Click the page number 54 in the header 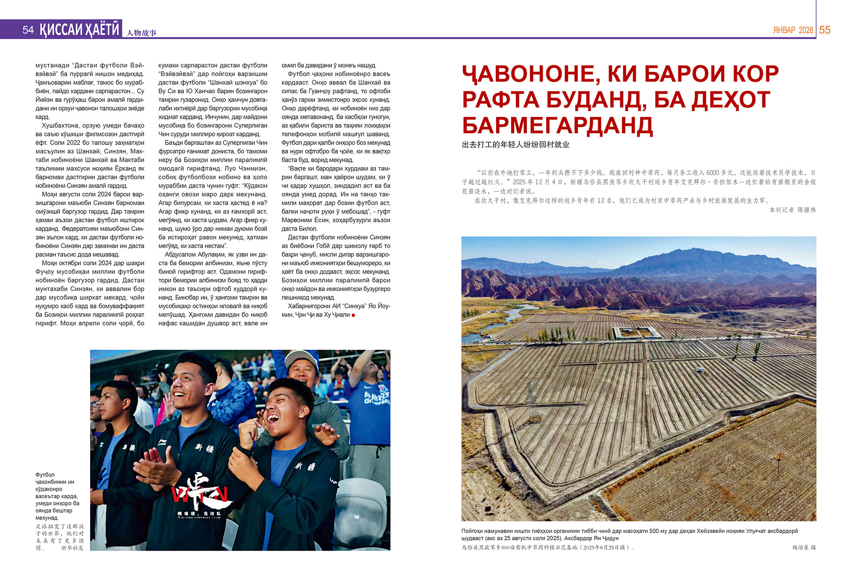click(x=28, y=30)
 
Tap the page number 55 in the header click(x=824, y=30)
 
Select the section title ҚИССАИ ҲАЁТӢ click(x=79, y=29)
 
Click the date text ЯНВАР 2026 click(x=793, y=30)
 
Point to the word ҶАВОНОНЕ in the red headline click(x=528, y=74)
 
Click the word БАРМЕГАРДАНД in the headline click(x=557, y=126)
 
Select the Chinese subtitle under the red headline click(x=515, y=145)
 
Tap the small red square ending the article click(x=353, y=315)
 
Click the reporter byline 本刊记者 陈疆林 click(x=792, y=210)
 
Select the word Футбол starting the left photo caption click(x=45, y=475)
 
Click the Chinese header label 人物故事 click(x=142, y=32)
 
